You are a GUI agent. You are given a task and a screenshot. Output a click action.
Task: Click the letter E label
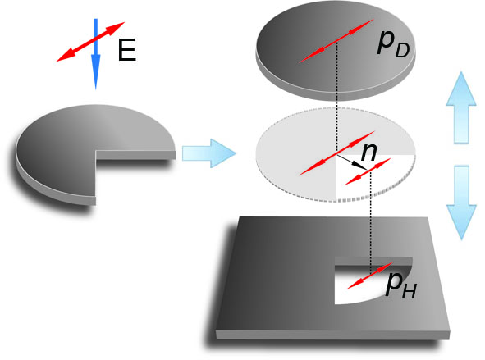tap(127, 50)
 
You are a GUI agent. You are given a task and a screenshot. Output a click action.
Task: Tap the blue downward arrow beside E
tap(95, 54)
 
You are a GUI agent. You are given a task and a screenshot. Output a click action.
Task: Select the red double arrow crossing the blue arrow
tap(90, 42)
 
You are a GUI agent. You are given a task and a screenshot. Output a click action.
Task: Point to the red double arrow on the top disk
tap(336, 41)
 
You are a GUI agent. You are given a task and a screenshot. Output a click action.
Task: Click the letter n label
tap(369, 152)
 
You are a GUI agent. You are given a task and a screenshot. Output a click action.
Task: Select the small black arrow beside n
tap(352, 162)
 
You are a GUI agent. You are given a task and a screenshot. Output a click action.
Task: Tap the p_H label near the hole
tap(401, 285)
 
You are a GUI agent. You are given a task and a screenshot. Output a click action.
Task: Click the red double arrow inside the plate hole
tap(370, 276)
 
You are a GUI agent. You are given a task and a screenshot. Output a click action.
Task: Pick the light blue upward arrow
tap(461, 107)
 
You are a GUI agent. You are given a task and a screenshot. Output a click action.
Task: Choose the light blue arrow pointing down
tap(461, 203)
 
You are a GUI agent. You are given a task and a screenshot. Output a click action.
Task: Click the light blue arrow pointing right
tap(208, 153)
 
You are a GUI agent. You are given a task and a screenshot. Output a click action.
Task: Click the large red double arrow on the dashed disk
tap(336, 153)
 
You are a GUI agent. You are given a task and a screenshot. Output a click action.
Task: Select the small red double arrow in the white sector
tap(368, 172)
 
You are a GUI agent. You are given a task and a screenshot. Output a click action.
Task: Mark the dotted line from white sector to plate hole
tap(371, 222)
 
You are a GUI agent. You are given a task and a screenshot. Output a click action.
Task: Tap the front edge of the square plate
tap(333, 335)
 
